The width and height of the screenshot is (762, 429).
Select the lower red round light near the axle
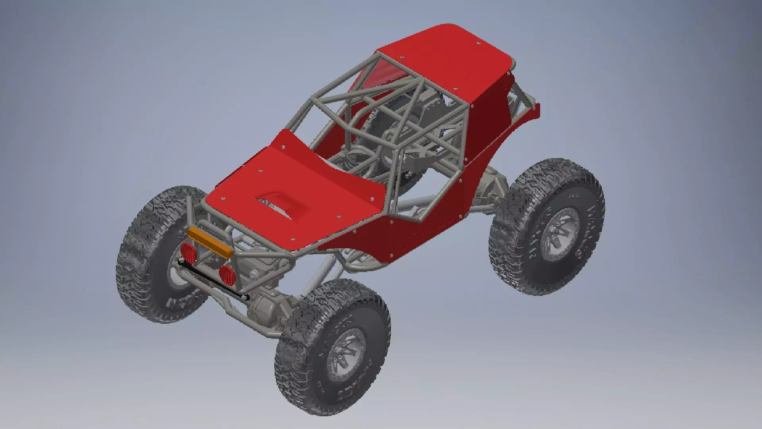(226, 273)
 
